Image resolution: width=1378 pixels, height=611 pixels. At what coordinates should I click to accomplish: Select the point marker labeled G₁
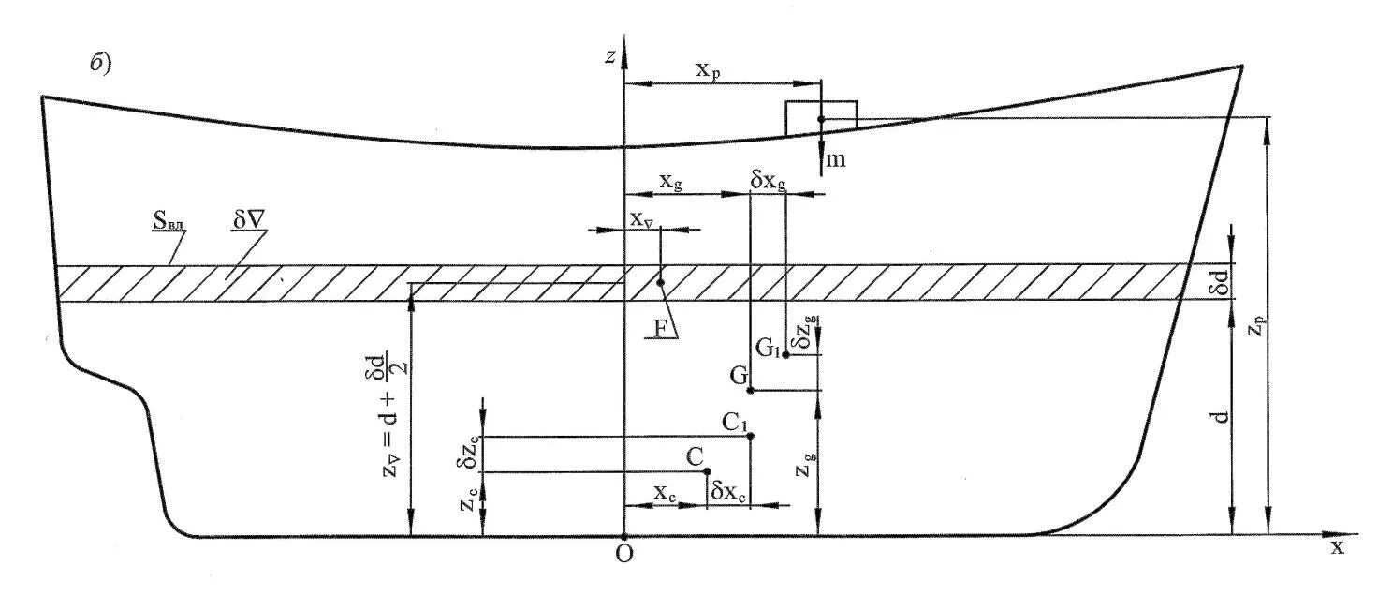click(x=786, y=354)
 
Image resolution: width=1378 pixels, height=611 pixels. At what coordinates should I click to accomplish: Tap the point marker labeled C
click(x=708, y=471)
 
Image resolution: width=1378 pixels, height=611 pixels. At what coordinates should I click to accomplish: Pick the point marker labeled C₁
click(x=751, y=436)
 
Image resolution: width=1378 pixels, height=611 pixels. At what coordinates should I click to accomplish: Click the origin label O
click(x=623, y=554)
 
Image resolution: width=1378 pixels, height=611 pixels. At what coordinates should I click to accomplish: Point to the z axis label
click(x=609, y=57)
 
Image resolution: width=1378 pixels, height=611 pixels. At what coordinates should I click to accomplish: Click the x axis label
click(x=1337, y=547)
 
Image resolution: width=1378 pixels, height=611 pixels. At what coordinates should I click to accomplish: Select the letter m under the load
click(x=835, y=159)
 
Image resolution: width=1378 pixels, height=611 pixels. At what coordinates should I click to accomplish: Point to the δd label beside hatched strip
click(x=1218, y=280)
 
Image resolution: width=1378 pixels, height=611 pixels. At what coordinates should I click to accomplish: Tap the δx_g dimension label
click(x=769, y=181)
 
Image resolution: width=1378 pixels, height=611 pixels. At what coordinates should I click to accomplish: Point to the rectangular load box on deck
click(x=821, y=115)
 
